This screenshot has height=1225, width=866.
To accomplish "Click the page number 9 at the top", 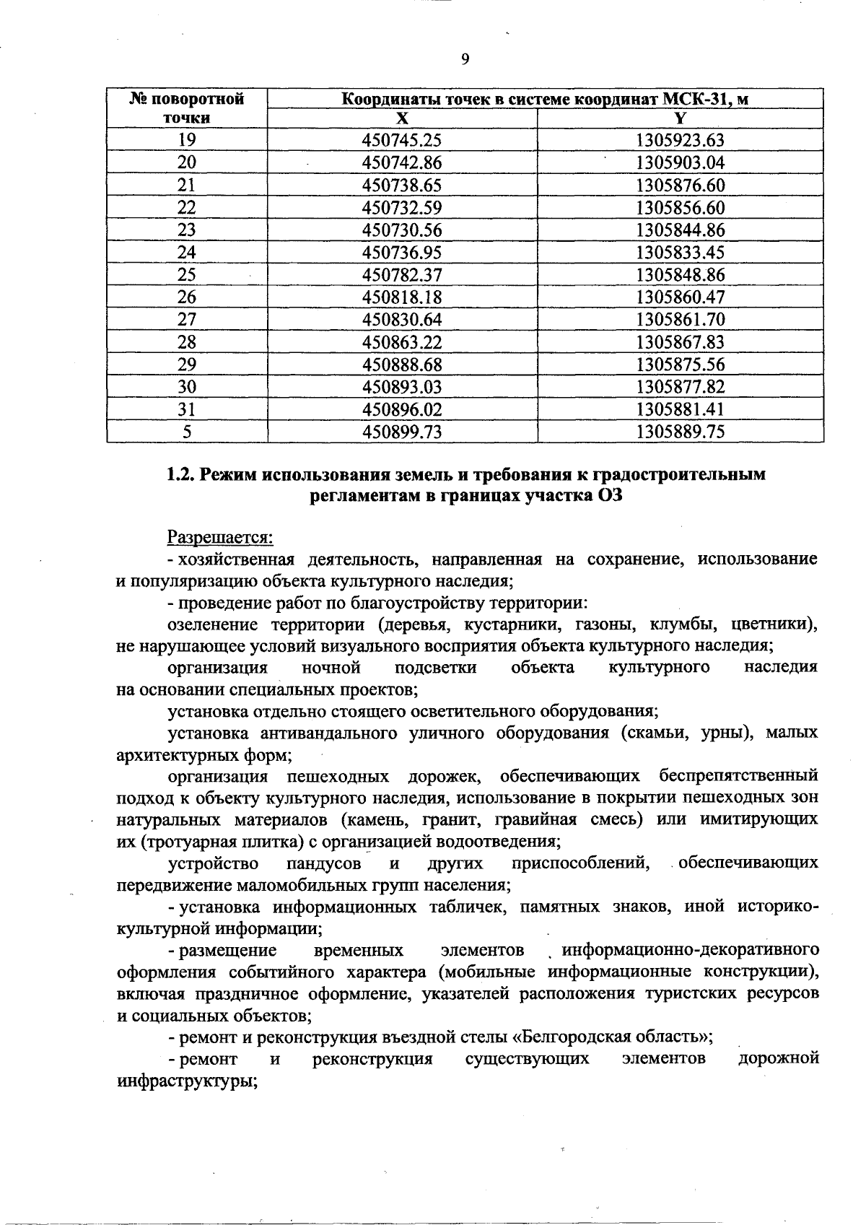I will [x=465, y=59].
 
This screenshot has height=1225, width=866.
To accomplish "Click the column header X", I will [x=402, y=118].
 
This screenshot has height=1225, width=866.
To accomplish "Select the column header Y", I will [x=680, y=118].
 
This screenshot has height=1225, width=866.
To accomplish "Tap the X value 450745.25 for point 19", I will [x=402, y=140].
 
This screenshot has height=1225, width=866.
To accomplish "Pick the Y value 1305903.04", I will [x=680, y=162].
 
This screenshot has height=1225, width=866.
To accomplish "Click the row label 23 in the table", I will [x=187, y=230].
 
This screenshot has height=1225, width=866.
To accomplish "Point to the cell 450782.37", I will [x=402, y=274].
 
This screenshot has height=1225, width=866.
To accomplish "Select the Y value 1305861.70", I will [x=680, y=319].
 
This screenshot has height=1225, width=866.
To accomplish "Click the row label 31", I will [x=187, y=409].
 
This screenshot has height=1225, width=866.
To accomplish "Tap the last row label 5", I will [x=187, y=432].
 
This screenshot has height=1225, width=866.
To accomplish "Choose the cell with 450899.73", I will [x=402, y=432].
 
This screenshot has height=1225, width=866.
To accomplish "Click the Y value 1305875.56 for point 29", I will [x=680, y=365].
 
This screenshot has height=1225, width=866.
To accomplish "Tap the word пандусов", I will [x=323, y=863].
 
